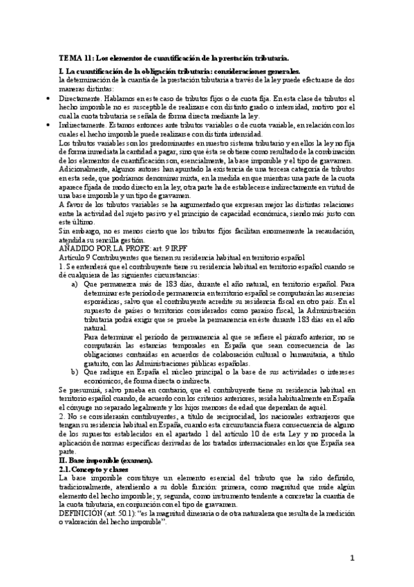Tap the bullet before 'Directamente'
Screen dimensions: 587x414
46,100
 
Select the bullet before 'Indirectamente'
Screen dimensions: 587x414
46,125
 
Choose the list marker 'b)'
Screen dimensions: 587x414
75,372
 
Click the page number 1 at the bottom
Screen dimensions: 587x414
352,559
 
